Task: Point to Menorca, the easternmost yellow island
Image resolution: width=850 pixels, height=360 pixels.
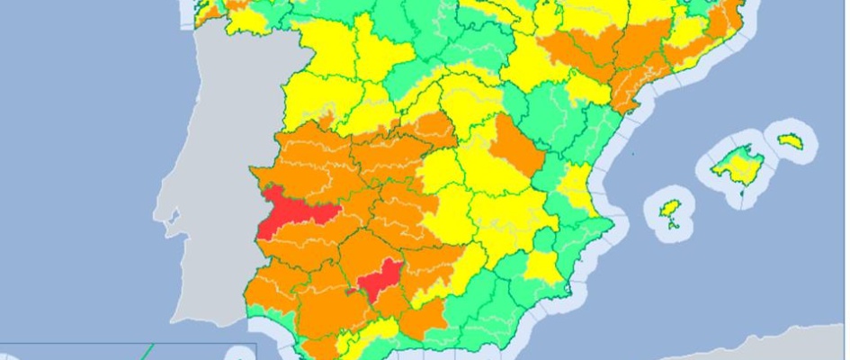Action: [x=790, y=141]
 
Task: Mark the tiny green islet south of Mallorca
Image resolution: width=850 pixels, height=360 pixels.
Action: [x=744, y=190]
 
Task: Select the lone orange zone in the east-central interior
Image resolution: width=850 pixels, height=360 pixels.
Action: [x=515, y=148]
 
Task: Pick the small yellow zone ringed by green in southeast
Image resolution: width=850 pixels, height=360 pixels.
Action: [x=541, y=265]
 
